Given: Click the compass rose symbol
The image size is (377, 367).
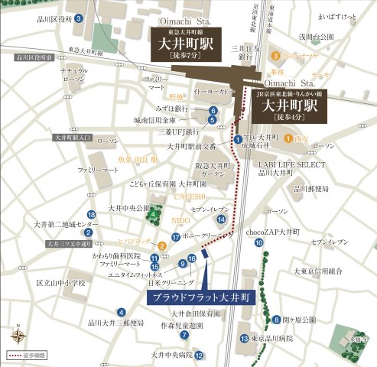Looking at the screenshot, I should (x=18, y=334).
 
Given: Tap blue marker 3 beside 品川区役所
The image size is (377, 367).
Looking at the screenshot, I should (x=79, y=18).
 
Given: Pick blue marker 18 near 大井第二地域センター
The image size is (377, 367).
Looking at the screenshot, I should (x=91, y=215).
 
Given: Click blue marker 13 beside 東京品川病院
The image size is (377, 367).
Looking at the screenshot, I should (x=243, y=338).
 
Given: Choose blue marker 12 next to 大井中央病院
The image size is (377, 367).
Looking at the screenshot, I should (x=199, y=356).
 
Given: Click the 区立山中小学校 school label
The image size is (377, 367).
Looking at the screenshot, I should (x=60, y=283).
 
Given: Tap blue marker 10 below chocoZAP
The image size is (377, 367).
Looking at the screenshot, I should (x=259, y=242).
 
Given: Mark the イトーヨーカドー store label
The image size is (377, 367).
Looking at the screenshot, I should (x=195, y=93).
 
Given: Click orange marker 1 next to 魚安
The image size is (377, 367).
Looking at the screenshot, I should (x=288, y=138).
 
